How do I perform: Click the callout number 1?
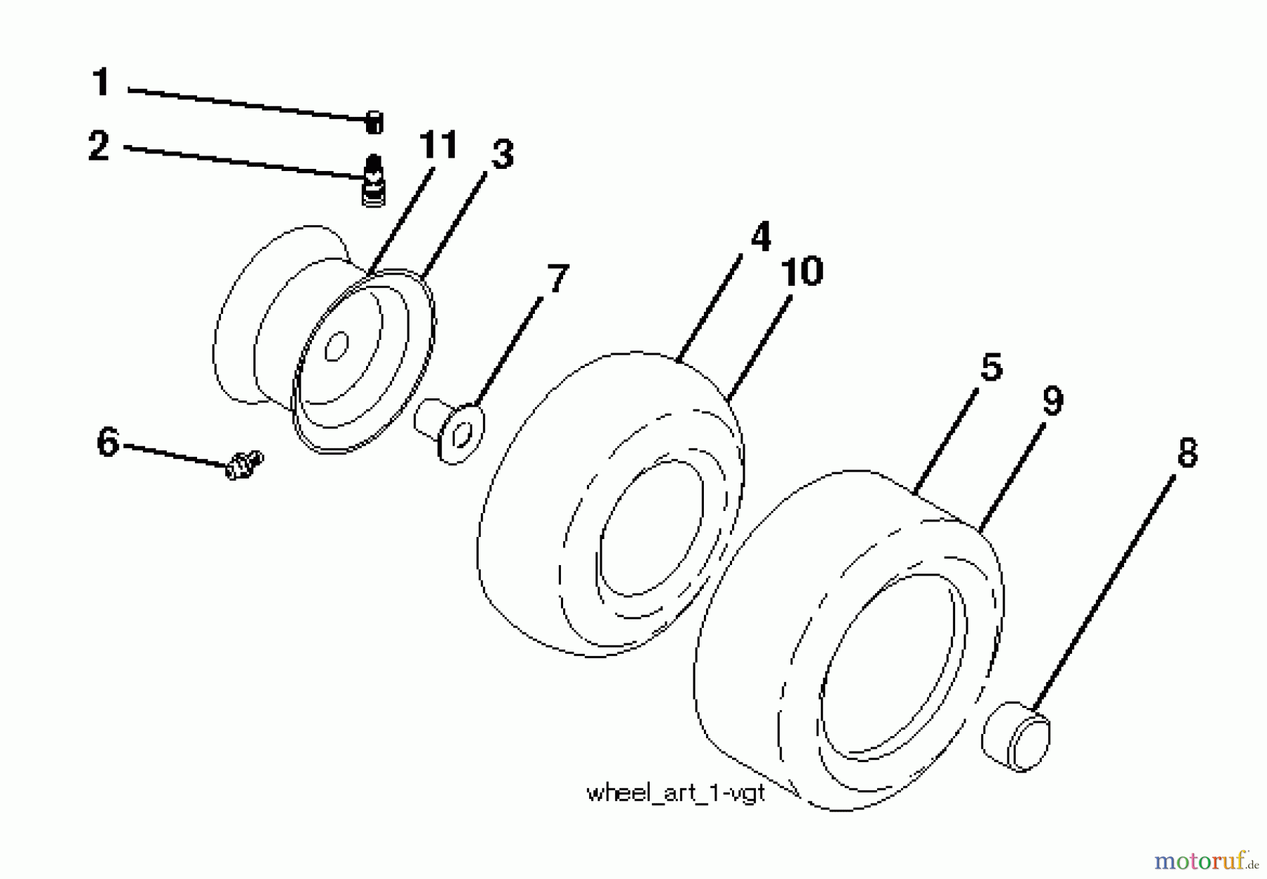click(x=101, y=82)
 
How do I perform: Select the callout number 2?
click(x=99, y=146)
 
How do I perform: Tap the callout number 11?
click(x=438, y=146)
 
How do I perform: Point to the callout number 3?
click(x=503, y=154)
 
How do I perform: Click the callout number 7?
click(x=557, y=279)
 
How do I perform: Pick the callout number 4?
click(x=760, y=236)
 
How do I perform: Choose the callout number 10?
click(x=802, y=271)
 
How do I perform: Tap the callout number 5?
click(x=991, y=367)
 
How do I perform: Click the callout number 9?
click(x=1052, y=401)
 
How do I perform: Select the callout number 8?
click(x=1187, y=453)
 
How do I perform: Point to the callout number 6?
click(x=108, y=443)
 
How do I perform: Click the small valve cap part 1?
click(x=374, y=122)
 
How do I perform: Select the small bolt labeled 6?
click(x=243, y=465)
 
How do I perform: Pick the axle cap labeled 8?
click(x=1016, y=736)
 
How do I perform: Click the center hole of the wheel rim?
click(x=336, y=346)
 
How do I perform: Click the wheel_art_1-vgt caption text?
click(x=675, y=793)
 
